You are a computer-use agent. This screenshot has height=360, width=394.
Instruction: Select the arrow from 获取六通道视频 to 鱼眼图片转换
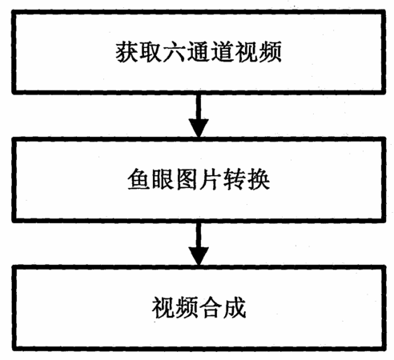tap(199, 115)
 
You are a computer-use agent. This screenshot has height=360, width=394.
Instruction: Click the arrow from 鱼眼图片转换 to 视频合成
tap(199, 243)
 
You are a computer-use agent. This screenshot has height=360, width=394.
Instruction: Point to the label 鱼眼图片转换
tap(199, 179)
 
